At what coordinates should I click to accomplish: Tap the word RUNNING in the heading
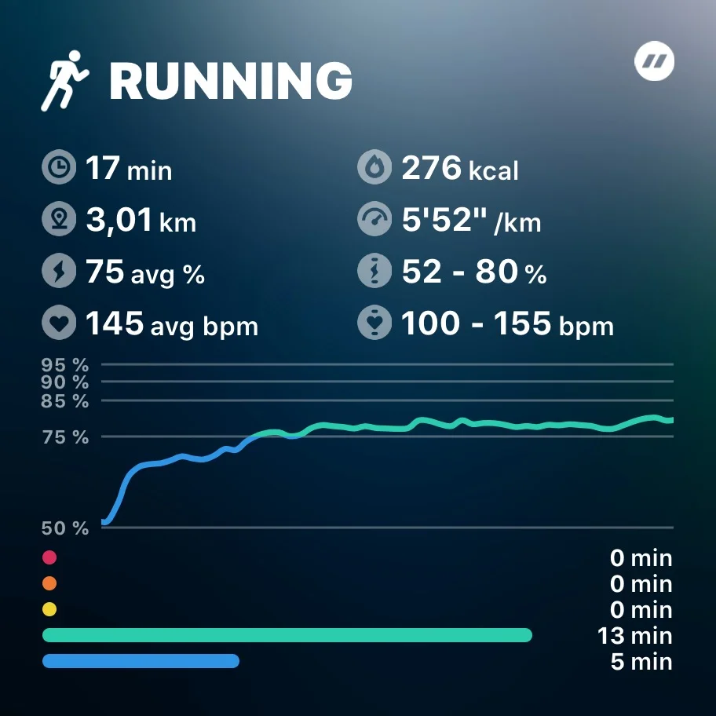tap(230, 81)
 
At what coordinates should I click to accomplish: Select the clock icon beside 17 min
tap(58, 169)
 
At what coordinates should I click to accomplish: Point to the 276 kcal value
tap(459, 169)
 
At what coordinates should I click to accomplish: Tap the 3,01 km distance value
tap(141, 221)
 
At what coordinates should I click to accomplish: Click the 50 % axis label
tap(65, 528)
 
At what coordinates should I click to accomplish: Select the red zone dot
tap(49, 557)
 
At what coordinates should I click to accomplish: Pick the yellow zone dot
tap(49, 609)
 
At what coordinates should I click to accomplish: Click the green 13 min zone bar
tap(287, 635)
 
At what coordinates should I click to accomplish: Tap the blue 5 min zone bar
tap(141, 661)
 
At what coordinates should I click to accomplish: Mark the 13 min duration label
tap(635, 635)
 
